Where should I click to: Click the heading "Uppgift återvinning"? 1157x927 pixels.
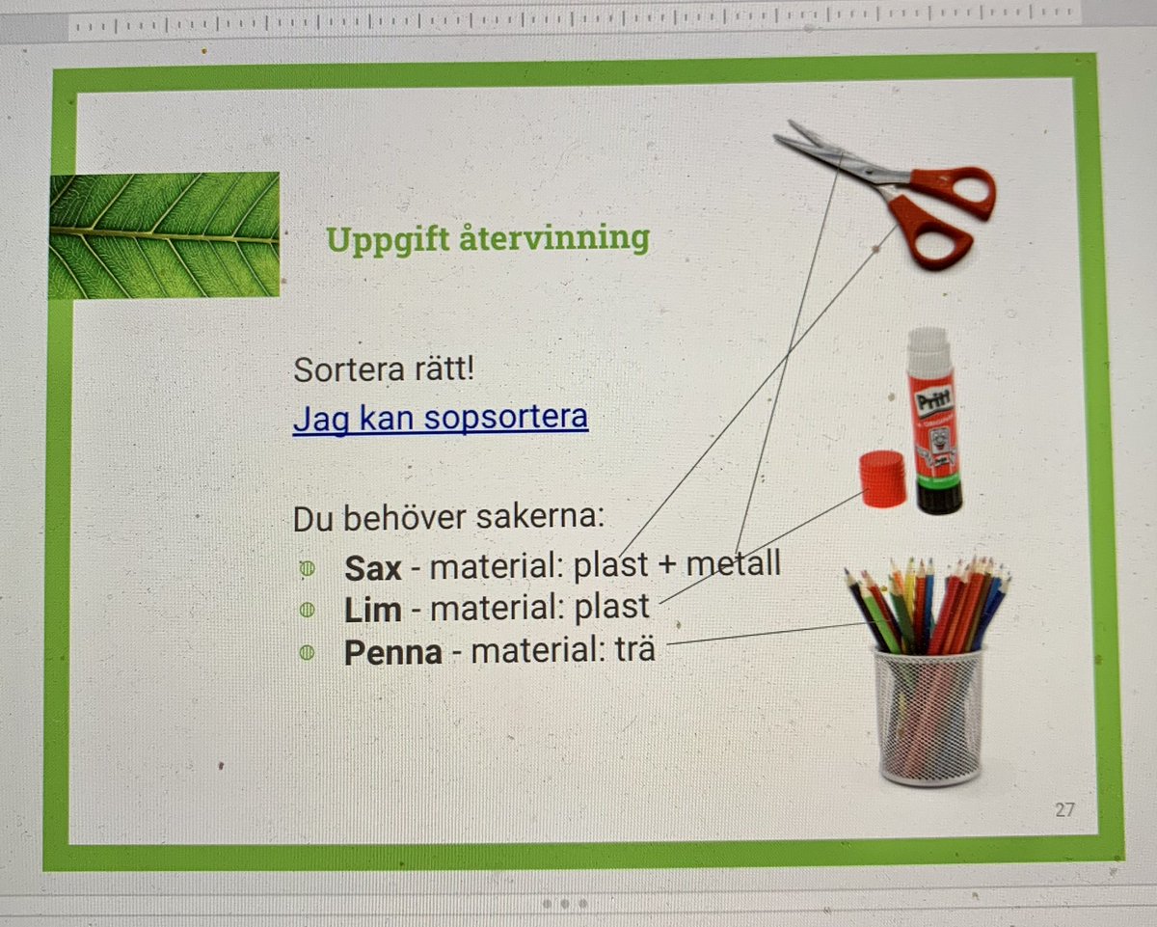(487, 237)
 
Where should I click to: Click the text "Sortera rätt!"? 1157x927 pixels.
(383, 369)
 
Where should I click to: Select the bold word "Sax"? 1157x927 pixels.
(372, 568)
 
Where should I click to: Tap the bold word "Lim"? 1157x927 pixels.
(371, 610)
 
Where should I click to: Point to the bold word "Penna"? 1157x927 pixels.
(393, 652)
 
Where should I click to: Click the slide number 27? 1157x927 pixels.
(1063, 809)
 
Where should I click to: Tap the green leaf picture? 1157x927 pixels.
(164, 234)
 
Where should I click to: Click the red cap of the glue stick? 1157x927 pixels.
(882, 479)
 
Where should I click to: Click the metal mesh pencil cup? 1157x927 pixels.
(928, 714)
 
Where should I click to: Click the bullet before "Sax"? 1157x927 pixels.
(307, 569)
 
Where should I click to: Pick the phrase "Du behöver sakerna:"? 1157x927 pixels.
(448, 518)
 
